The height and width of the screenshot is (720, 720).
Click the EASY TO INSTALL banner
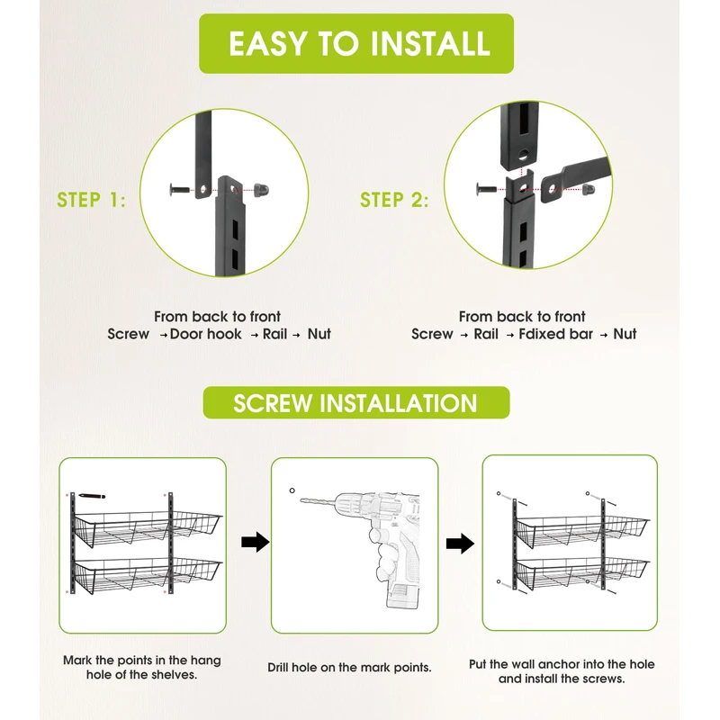pos(356,43)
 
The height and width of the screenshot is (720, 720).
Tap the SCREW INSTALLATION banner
pos(356,402)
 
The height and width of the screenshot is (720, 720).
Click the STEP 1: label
pos(91,200)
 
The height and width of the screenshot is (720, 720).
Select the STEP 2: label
pos(394,200)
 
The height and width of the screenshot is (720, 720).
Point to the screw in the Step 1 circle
pos(180,189)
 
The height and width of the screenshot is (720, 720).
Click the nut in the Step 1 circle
pos(261,189)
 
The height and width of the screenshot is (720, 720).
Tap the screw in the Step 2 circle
pos(486,188)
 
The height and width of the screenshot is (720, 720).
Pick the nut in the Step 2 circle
pos(589,189)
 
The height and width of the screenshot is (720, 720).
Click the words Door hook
pos(205,334)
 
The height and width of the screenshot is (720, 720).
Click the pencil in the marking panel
pos(92,496)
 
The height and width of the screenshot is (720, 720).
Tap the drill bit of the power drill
pos(319,501)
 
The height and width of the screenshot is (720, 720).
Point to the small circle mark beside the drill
pos(292,490)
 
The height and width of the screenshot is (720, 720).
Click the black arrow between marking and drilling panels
pos(256,543)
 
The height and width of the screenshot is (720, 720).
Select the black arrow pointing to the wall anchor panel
pos(460,544)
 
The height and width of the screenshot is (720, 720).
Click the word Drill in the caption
pos(278,667)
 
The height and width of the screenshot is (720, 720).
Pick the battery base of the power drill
pos(403,596)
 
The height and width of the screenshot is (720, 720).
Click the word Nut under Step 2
pos(625,334)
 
